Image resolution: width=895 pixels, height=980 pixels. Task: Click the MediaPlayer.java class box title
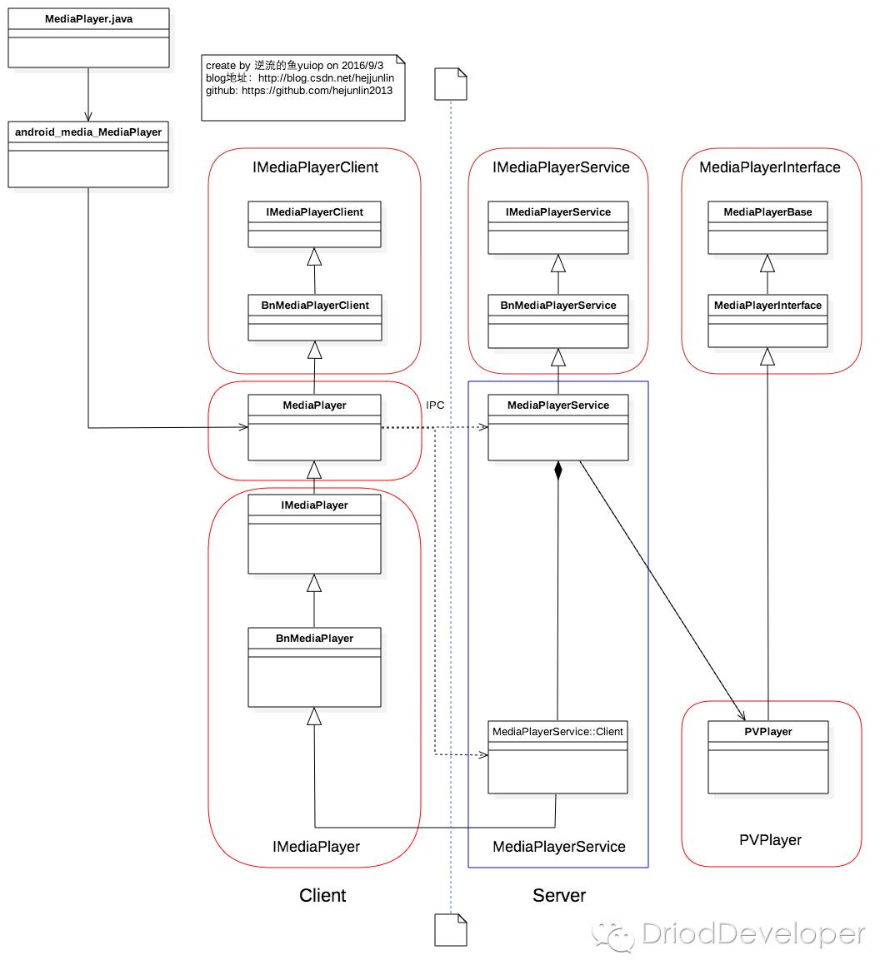point(88,19)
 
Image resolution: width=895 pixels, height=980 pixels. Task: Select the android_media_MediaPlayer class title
point(88,132)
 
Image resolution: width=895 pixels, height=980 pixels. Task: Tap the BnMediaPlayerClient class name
point(315,305)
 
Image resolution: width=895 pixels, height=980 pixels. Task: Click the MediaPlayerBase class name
point(767,211)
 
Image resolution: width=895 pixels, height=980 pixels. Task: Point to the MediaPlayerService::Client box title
point(557,731)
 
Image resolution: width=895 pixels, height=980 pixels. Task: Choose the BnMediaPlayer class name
point(314,638)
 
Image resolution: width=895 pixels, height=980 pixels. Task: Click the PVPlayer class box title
point(768,731)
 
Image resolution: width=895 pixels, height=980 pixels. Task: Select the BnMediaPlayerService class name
point(557,305)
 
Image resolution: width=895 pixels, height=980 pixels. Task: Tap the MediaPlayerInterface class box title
point(767,305)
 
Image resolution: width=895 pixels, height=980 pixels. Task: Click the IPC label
point(435,405)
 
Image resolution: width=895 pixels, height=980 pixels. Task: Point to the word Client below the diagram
point(322,895)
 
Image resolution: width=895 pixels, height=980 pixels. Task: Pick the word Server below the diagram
point(559,895)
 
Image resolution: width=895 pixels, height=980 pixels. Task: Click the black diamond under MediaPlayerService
point(557,470)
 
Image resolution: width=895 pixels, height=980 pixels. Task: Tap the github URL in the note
point(317,91)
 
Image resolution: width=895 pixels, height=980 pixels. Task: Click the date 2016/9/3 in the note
point(362,65)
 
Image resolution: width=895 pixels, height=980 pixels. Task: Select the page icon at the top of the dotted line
point(451,84)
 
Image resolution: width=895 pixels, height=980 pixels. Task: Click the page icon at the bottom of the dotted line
point(451,930)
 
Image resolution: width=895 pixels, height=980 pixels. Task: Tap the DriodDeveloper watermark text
point(753,933)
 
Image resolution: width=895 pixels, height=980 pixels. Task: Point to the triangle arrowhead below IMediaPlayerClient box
point(314,257)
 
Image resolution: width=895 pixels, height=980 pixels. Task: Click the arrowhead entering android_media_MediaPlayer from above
point(88,117)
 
